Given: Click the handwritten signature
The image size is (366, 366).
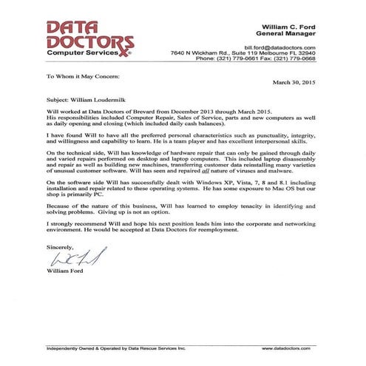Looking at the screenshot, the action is (70, 259).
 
